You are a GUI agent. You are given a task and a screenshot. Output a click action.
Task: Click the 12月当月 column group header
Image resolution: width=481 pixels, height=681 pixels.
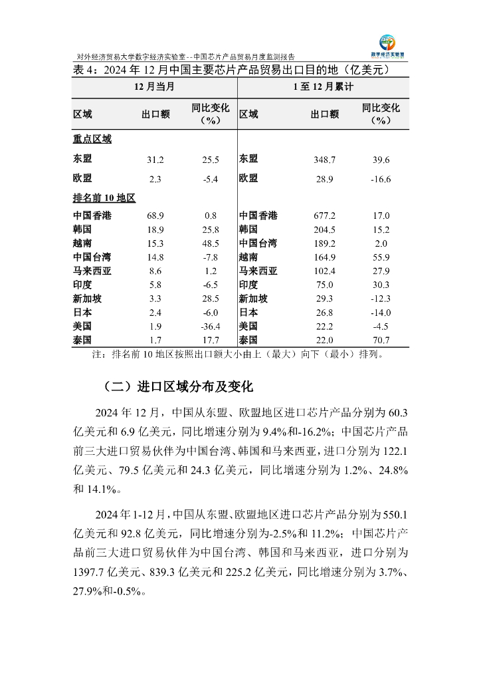point(154,87)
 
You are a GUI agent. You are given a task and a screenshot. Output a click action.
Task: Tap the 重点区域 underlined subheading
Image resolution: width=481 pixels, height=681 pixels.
point(92,139)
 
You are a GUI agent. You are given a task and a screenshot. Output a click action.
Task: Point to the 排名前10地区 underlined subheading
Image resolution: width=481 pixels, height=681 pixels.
point(104,198)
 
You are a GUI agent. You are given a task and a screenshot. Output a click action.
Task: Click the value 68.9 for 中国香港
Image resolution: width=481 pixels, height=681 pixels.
point(155,216)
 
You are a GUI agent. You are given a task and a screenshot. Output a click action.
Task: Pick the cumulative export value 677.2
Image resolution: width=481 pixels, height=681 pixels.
point(324,216)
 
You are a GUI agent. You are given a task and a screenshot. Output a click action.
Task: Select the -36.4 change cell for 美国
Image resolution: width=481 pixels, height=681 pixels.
point(210,327)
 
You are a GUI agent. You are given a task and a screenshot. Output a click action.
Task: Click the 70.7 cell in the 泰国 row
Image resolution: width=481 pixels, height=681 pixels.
point(381,340)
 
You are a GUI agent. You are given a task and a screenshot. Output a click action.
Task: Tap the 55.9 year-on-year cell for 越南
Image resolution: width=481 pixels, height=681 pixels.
point(381,257)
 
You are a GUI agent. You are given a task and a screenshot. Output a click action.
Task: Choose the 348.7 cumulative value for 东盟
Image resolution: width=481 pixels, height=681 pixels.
point(324,160)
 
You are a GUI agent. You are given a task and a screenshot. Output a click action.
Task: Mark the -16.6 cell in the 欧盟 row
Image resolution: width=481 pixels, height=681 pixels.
point(381,180)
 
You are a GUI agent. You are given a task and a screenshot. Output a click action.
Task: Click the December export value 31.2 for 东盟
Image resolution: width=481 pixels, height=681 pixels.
point(155,160)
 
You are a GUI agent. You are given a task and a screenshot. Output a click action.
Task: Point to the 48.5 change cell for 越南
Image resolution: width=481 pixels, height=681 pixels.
point(210,243)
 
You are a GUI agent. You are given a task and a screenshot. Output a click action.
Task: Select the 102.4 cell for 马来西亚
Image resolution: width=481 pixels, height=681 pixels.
point(324,271)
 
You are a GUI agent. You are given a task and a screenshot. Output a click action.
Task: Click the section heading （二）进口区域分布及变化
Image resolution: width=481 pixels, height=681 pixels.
point(179,387)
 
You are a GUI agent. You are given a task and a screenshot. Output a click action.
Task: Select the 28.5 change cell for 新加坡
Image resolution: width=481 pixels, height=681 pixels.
point(210,299)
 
